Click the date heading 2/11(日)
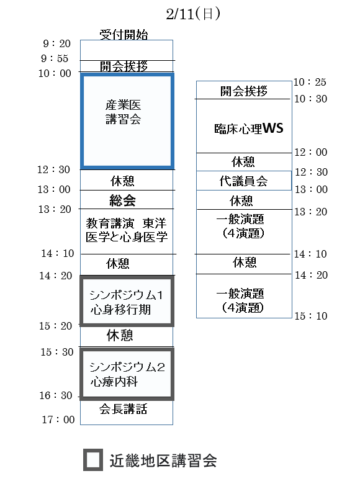[193, 14]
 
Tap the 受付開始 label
[124, 35]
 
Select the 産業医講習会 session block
[127, 74]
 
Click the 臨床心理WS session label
[248, 128]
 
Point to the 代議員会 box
[244, 181]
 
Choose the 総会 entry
[122, 200]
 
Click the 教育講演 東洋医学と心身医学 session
[126, 230]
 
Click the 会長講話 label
[123, 409]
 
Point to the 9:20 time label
[56, 43]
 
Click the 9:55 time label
[55, 58]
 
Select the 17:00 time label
[58, 420]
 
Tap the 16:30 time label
[56, 395]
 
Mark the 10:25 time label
[310, 82]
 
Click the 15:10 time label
[311, 316]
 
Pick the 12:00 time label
[311, 152]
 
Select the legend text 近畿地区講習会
[163, 460]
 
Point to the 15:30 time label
[57, 352]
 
